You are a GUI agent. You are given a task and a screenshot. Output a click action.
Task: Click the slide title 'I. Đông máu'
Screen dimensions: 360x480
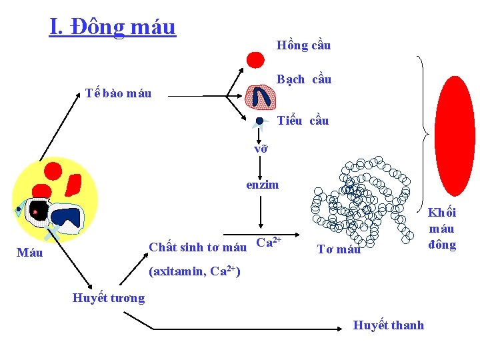coord(112,27)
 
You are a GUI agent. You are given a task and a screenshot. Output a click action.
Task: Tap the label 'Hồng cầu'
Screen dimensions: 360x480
coord(303,45)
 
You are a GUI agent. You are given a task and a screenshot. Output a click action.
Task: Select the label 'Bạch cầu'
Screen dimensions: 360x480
coord(304,79)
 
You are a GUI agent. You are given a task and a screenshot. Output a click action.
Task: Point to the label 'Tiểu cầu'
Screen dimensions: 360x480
coord(303,121)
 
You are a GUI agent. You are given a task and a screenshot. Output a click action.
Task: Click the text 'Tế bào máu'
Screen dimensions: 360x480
coord(119,93)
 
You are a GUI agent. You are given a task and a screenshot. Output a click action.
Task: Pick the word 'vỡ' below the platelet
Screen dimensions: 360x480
coord(261,149)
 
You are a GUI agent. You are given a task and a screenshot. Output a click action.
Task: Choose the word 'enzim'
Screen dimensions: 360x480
coord(263,185)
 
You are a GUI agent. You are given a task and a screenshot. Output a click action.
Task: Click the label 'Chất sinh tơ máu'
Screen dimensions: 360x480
coord(197,247)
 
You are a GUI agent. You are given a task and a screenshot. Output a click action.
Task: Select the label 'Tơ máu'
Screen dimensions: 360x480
coord(339,249)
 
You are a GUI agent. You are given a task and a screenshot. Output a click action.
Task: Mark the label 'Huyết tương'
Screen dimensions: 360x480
coord(108,298)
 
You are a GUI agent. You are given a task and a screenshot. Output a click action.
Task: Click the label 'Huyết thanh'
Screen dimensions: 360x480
coord(388,325)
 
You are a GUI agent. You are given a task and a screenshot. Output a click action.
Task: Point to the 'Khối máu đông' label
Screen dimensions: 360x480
coord(442,229)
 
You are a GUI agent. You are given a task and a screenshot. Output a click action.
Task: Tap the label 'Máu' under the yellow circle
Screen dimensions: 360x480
coord(29,253)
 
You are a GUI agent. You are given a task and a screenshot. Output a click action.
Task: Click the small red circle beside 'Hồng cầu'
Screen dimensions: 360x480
coord(255,60)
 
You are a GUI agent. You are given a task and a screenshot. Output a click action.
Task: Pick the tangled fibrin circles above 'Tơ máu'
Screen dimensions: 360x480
coord(363,200)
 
